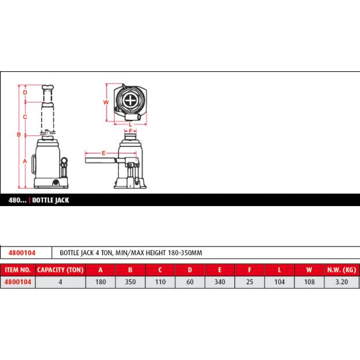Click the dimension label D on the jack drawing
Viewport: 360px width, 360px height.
(25, 92)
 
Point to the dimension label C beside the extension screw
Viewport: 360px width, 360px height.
(25, 117)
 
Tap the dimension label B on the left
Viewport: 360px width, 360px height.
(19, 134)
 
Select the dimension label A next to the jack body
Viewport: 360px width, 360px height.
(25, 161)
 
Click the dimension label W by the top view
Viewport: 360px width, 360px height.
(106, 102)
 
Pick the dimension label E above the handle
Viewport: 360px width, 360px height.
(104, 153)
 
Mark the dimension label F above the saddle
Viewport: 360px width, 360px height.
(130, 131)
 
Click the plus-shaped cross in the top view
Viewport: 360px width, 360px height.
(130, 101)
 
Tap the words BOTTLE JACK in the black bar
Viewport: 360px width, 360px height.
(50, 200)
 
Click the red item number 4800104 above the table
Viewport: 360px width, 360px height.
(22, 253)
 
